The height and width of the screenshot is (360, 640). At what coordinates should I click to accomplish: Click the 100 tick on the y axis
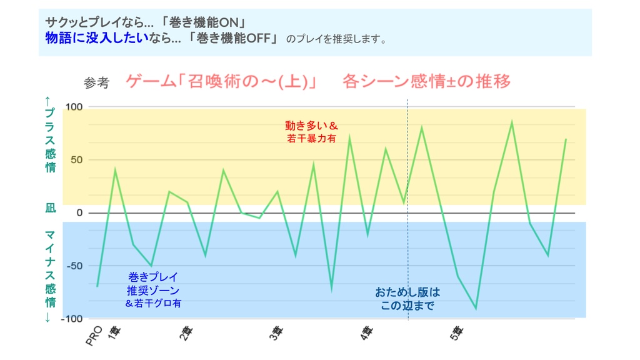click(74, 107)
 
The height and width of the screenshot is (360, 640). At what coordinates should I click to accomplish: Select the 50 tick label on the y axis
click(76, 160)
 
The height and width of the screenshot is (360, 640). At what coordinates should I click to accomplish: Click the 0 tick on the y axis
click(79, 213)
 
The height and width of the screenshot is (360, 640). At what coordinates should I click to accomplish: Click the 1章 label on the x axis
click(113, 333)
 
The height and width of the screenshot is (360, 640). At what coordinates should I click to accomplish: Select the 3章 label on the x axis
click(276, 334)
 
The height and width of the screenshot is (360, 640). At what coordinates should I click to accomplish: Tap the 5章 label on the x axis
click(457, 334)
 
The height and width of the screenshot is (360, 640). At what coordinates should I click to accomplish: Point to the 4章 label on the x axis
click(366, 334)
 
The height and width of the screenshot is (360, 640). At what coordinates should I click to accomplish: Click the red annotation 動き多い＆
click(311, 126)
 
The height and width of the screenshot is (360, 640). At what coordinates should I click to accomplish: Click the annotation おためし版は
click(407, 292)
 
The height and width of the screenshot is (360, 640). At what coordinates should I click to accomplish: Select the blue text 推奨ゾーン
click(153, 290)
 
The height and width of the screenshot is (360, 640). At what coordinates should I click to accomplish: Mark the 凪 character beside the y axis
click(50, 208)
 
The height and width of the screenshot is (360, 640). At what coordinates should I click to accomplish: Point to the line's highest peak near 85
click(512, 122)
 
